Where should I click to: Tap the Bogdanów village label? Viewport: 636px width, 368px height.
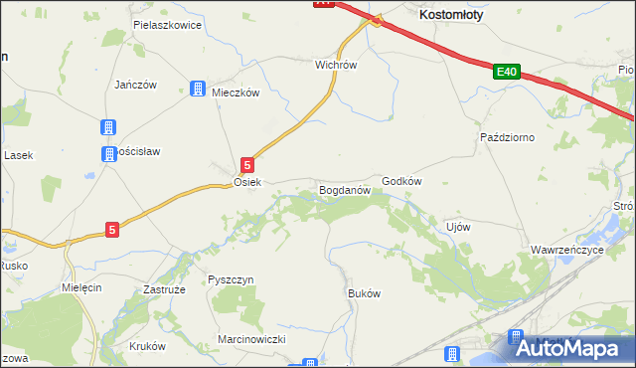coord(344,188)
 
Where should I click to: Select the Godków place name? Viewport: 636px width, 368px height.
coord(402,181)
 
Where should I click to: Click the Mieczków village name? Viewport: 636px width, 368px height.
coord(236,92)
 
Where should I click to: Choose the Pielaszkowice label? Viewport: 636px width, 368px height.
coord(167,24)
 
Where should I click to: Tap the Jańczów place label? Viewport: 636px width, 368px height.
coord(136,85)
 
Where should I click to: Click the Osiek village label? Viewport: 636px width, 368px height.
coord(246,183)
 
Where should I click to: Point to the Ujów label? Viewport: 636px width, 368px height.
coord(458,227)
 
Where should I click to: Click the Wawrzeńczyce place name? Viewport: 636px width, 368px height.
coord(566,250)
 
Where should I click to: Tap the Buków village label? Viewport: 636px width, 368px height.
coord(364,294)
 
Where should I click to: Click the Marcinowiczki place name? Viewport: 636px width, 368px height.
coord(251,339)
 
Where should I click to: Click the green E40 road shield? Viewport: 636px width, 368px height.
coord(506,72)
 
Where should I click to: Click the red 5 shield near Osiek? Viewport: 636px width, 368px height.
coord(247,165)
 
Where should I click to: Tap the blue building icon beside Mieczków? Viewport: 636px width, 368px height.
coord(198,89)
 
